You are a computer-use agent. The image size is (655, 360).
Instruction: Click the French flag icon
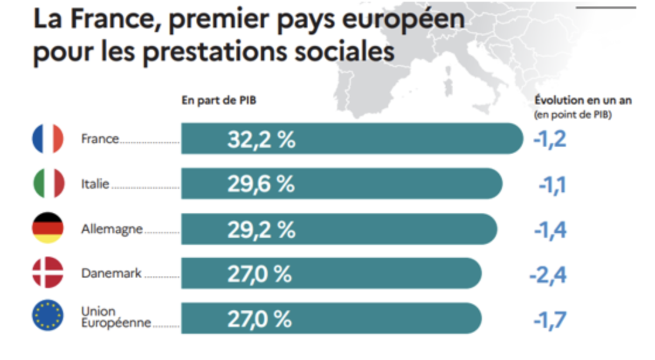click(x=47, y=139)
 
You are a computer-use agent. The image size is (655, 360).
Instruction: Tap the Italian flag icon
click(x=47, y=184)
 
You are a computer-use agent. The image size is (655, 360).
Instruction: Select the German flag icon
click(x=47, y=229)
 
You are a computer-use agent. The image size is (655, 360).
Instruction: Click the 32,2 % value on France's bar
click(x=261, y=140)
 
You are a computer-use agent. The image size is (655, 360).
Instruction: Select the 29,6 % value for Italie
click(x=261, y=185)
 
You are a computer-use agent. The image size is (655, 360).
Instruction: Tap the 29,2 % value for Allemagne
click(x=261, y=230)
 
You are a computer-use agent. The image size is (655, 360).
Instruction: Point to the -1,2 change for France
click(x=550, y=140)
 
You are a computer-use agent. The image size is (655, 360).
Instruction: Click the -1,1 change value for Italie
click(x=552, y=185)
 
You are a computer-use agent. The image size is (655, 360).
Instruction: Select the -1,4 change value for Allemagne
click(x=550, y=230)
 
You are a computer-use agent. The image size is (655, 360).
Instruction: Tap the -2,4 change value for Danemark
click(x=547, y=275)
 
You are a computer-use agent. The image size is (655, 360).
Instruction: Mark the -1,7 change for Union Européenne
click(x=550, y=320)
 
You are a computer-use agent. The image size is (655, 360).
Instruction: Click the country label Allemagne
click(x=112, y=229)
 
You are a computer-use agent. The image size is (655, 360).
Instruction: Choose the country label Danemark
click(x=111, y=273)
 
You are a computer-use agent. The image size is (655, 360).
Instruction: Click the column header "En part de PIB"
click(x=219, y=101)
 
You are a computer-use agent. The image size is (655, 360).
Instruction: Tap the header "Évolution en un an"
click(x=583, y=101)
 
